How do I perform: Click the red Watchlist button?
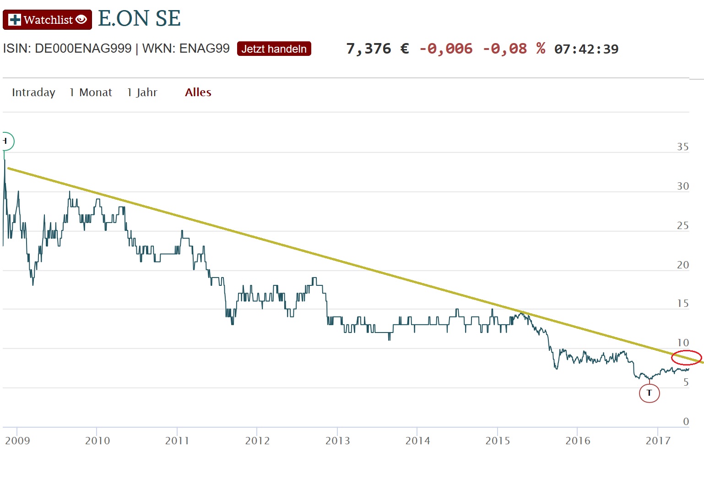(x=47, y=20)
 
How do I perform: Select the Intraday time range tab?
(x=33, y=93)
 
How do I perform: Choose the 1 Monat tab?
(x=91, y=93)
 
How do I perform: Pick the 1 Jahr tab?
(x=142, y=93)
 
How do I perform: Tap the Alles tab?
(x=198, y=93)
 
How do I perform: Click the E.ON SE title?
(x=139, y=19)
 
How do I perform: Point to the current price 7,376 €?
(x=377, y=49)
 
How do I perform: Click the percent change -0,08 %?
(x=514, y=49)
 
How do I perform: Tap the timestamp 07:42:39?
(x=586, y=49)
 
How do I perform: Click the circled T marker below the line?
(x=649, y=393)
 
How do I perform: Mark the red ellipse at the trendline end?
(x=686, y=357)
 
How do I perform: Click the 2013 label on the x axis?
(x=337, y=441)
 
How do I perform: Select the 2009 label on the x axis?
(x=17, y=441)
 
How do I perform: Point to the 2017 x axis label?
(x=658, y=441)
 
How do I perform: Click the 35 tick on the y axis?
(x=682, y=147)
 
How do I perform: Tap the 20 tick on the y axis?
(x=682, y=265)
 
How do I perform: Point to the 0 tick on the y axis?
(x=686, y=421)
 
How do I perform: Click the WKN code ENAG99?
(x=204, y=48)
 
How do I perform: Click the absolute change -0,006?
(x=446, y=49)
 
